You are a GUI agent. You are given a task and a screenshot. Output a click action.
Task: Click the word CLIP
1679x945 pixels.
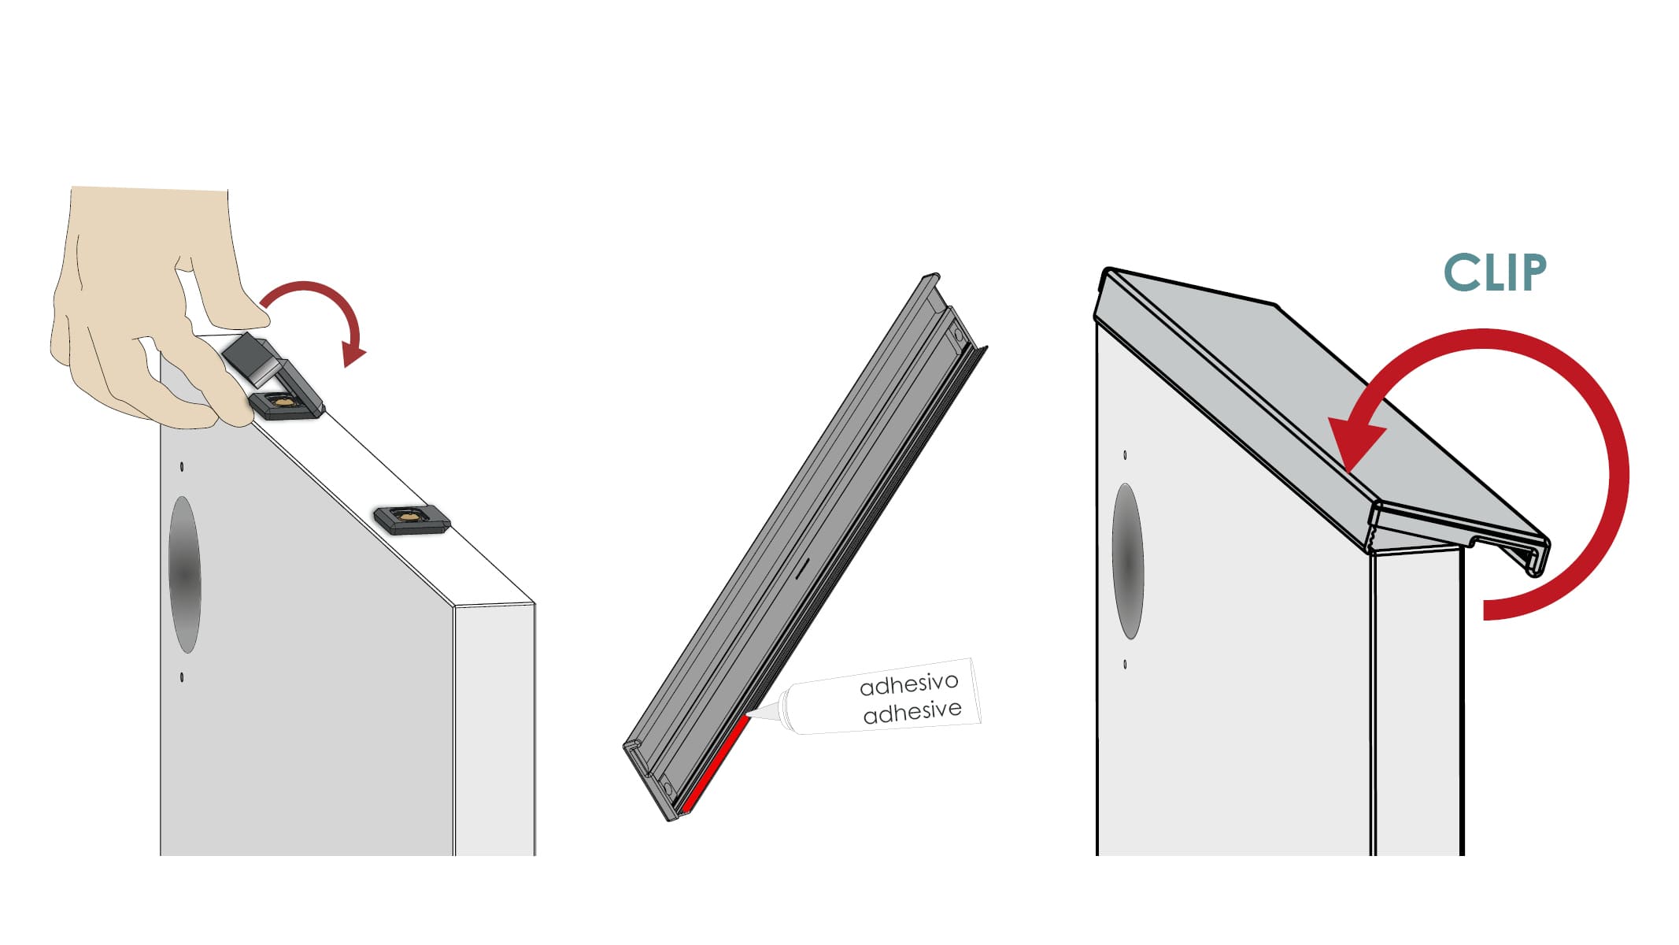tap(1495, 273)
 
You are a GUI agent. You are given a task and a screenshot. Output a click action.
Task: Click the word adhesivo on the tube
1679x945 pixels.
tap(909, 684)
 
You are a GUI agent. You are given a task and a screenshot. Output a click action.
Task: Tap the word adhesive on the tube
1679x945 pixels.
tap(912, 712)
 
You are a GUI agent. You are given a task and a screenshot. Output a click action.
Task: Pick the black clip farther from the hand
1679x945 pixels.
tap(412, 519)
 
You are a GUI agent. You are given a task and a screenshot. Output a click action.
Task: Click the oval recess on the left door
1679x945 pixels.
tap(185, 574)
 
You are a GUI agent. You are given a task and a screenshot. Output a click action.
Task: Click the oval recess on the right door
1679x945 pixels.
tap(1127, 561)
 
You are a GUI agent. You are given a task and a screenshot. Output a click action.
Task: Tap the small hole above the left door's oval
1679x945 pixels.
tap(182, 467)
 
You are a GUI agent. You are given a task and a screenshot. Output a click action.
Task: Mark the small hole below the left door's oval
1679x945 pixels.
tap(182, 676)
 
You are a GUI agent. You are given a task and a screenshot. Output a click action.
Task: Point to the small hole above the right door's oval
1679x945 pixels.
tap(1125, 455)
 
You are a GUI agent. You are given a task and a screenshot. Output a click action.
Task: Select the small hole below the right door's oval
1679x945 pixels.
tap(1125, 665)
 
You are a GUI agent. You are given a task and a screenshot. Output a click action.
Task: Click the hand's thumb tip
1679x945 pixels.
tap(260, 317)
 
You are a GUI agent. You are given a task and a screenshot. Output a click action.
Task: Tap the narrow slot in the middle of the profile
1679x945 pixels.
tap(801, 569)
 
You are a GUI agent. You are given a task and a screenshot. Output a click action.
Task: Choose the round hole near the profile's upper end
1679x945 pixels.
tap(958, 336)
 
